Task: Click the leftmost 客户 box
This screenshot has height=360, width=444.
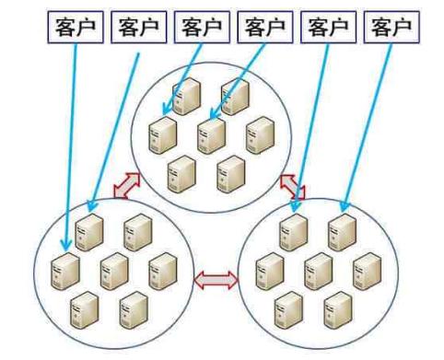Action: pyautogui.click(x=73, y=27)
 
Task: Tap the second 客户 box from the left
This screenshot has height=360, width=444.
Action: pyautogui.click(x=137, y=27)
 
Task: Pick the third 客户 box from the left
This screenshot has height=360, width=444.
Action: pyautogui.click(x=201, y=27)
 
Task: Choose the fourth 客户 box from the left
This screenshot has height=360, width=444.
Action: pyautogui.click(x=264, y=27)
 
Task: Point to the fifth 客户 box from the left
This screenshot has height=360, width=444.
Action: pyautogui.click(x=328, y=27)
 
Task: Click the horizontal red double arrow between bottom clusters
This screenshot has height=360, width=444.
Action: pyautogui.click(x=215, y=277)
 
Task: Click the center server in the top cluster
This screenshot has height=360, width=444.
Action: pyautogui.click(x=211, y=134)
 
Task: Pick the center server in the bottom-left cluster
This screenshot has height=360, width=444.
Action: pyautogui.click(x=112, y=268)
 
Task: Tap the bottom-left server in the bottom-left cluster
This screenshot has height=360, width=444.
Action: pyautogui.click(x=85, y=308)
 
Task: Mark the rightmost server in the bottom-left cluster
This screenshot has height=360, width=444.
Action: pyautogui.click(x=162, y=268)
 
